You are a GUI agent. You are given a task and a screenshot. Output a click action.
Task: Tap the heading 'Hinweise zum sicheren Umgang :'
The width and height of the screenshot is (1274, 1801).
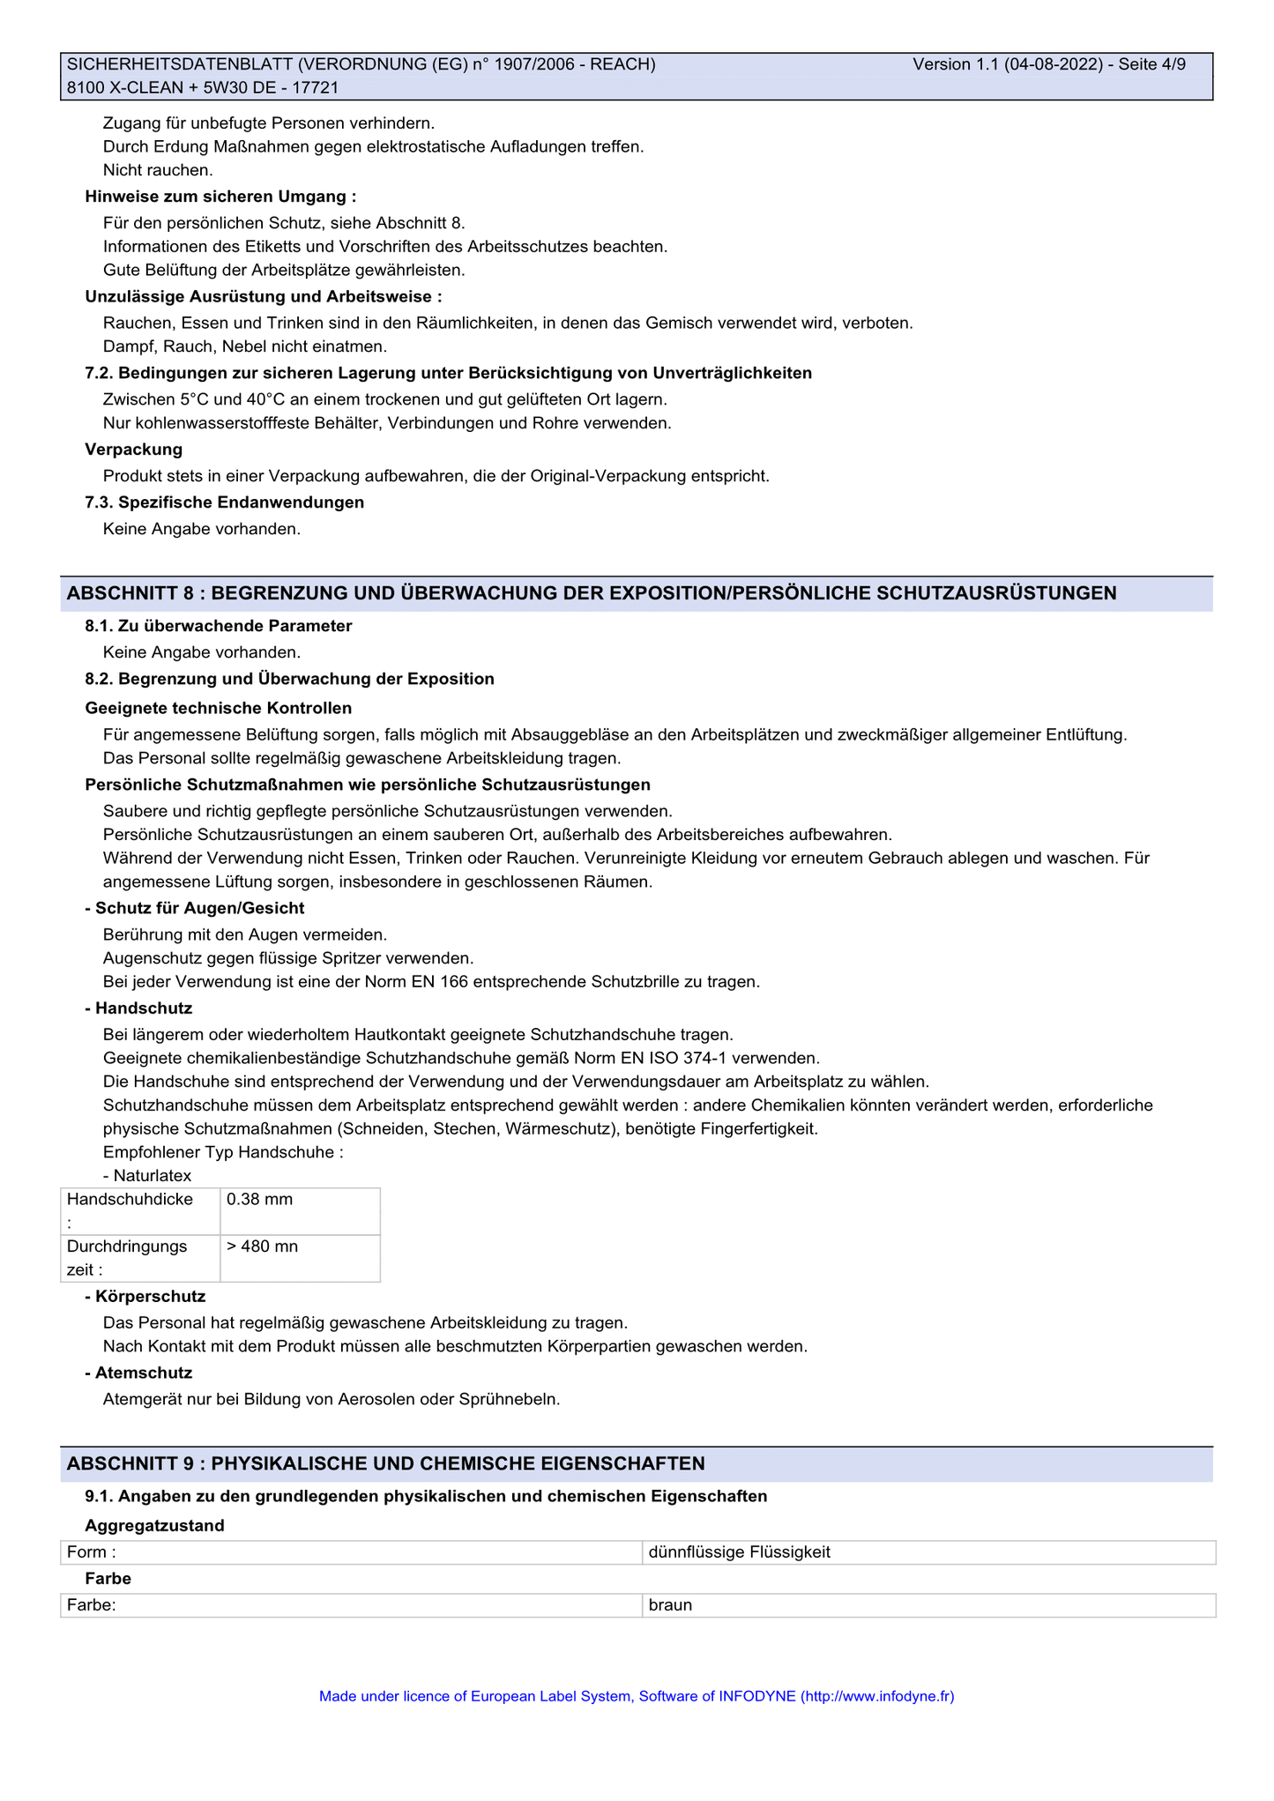[220, 197]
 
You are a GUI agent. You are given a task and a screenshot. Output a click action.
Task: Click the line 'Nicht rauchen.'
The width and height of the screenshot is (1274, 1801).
[158, 170]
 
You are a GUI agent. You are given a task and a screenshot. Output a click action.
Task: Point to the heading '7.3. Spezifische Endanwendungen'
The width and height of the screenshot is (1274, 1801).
[224, 502]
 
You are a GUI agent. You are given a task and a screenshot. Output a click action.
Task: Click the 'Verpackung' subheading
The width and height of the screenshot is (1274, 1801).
[134, 450]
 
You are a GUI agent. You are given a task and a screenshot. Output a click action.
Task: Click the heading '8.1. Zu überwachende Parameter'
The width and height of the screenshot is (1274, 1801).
[219, 626]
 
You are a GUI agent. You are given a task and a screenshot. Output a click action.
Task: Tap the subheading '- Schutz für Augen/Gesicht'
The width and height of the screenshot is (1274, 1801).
[194, 908]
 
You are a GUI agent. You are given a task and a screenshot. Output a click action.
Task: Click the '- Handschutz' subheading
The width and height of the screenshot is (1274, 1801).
[138, 1008]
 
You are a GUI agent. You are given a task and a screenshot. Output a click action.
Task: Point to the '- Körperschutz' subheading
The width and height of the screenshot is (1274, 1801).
[145, 1296]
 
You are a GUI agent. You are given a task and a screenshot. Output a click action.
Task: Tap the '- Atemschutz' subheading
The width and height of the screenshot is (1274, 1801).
[138, 1373]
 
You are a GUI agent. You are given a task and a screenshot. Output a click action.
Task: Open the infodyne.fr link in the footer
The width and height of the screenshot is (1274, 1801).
[877, 1695]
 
